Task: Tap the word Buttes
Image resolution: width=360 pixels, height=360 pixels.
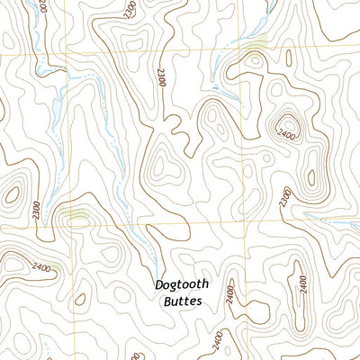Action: coord(182,302)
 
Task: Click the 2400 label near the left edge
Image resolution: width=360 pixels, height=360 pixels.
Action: coord(40,267)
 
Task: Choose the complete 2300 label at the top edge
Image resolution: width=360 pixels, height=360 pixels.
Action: coord(131,10)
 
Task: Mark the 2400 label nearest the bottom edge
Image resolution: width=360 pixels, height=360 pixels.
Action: coord(217,339)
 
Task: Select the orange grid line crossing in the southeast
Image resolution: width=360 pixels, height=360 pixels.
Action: coord(241,216)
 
